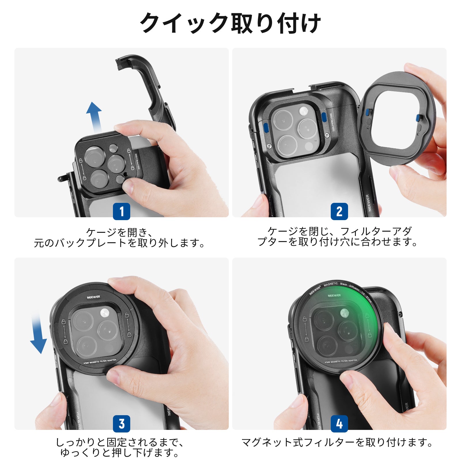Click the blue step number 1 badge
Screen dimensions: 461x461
[121, 211]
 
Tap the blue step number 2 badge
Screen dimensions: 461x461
[339, 211]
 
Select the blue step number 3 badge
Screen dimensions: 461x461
[121, 424]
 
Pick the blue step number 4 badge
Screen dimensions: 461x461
[339, 424]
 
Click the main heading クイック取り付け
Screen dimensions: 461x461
[231, 23]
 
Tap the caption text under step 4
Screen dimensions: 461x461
[337, 442]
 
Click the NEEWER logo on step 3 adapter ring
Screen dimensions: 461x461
[93, 297]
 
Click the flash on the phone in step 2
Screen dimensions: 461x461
[304, 111]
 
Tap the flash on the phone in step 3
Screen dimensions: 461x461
[105, 312]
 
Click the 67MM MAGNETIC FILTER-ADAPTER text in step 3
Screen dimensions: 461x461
[100, 362]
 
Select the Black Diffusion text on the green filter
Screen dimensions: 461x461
[350, 286]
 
